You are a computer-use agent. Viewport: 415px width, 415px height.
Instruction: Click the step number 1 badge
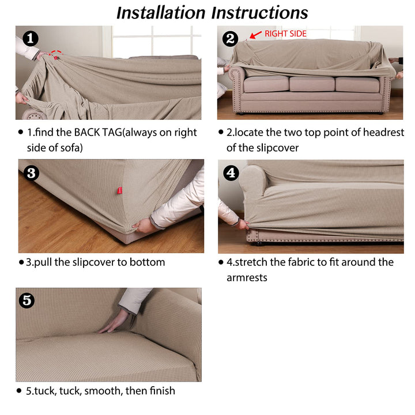point(31,39)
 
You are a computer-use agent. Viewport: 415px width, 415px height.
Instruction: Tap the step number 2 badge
point(230,39)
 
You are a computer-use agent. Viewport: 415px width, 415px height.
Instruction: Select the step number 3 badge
point(31,173)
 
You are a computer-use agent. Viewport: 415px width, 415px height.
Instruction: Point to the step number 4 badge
point(231,173)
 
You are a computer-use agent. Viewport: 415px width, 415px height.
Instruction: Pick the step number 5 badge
point(27,300)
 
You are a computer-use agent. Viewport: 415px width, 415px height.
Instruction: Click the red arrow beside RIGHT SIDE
point(256,35)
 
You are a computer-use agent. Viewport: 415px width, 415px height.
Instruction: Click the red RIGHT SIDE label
point(285,33)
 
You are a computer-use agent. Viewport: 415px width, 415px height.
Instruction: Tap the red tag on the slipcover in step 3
point(120,190)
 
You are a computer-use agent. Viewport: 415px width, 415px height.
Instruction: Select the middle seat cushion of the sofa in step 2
point(312,84)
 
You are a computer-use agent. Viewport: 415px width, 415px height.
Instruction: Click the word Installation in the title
point(161,13)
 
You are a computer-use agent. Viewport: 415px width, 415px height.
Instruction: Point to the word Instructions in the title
point(259,13)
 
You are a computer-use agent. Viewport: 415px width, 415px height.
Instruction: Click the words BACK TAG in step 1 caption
point(98,133)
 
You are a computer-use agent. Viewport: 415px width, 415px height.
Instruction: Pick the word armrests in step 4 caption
point(247,278)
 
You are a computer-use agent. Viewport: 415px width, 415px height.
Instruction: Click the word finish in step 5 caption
point(162,391)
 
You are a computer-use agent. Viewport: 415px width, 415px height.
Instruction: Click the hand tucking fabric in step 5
point(114,322)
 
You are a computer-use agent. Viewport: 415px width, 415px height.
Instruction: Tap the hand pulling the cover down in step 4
point(242,224)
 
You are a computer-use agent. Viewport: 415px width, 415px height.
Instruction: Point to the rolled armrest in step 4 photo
point(252,182)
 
